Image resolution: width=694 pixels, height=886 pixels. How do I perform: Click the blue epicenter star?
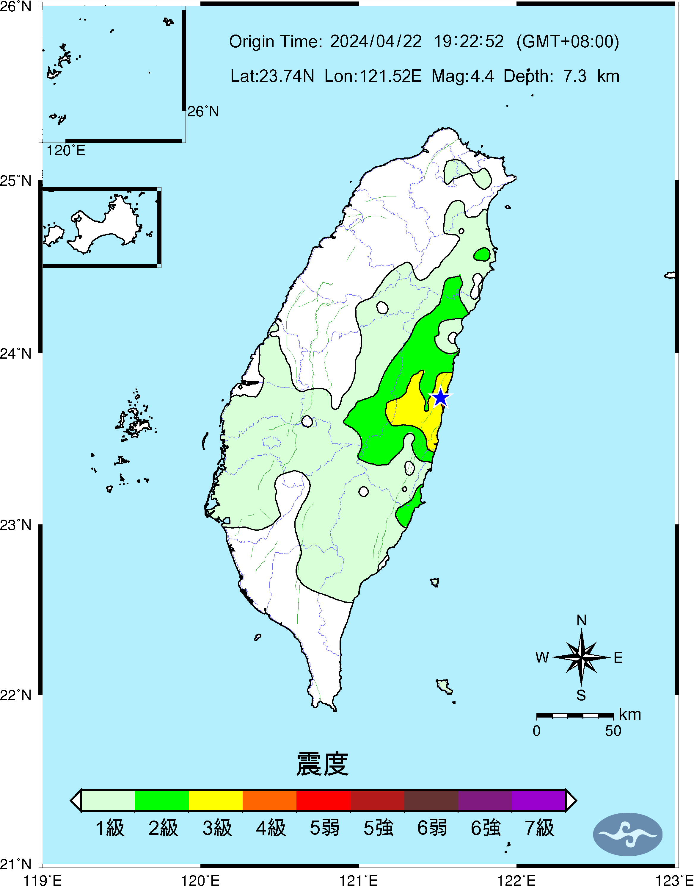(x=440, y=397)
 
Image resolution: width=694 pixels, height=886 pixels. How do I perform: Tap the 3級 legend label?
(x=217, y=828)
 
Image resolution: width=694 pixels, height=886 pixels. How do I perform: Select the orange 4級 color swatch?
(x=269, y=800)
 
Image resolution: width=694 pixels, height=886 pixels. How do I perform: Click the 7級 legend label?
(x=539, y=828)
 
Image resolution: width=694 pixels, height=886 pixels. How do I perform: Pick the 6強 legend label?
(x=485, y=828)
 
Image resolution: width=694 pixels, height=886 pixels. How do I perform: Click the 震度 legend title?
(x=322, y=764)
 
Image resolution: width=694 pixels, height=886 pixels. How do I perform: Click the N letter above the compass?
(x=581, y=621)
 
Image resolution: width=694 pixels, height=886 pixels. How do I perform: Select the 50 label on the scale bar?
(x=613, y=731)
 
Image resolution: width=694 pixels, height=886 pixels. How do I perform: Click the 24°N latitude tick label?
(x=15, y=353)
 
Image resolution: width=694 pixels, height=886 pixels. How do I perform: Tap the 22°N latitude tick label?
(x=15, y=695)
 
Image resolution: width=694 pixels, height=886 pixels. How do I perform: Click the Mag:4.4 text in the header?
(x=462, y=76)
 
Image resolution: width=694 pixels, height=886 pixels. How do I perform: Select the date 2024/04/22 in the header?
(x=376, y=41)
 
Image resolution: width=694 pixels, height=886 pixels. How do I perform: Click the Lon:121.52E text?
(x=373, y=76)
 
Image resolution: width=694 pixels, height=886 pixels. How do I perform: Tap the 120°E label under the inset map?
(x=65, y=151)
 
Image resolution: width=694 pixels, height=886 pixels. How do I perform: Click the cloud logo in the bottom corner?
(x=627, y=834)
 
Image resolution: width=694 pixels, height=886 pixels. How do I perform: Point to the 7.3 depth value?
(x=574, y=76)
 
